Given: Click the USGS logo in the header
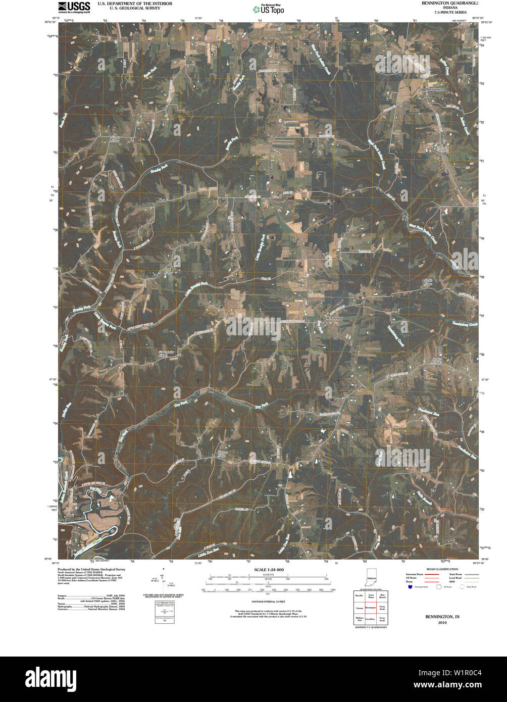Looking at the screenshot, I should [74, 7].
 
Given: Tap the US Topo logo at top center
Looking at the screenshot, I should [268, 8].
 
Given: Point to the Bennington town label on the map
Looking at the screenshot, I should [435, 89].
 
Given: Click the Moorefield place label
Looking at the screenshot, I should [334, 319].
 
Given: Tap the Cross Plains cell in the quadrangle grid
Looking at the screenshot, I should [371, 596].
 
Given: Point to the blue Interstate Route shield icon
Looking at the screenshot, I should [409, 587].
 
